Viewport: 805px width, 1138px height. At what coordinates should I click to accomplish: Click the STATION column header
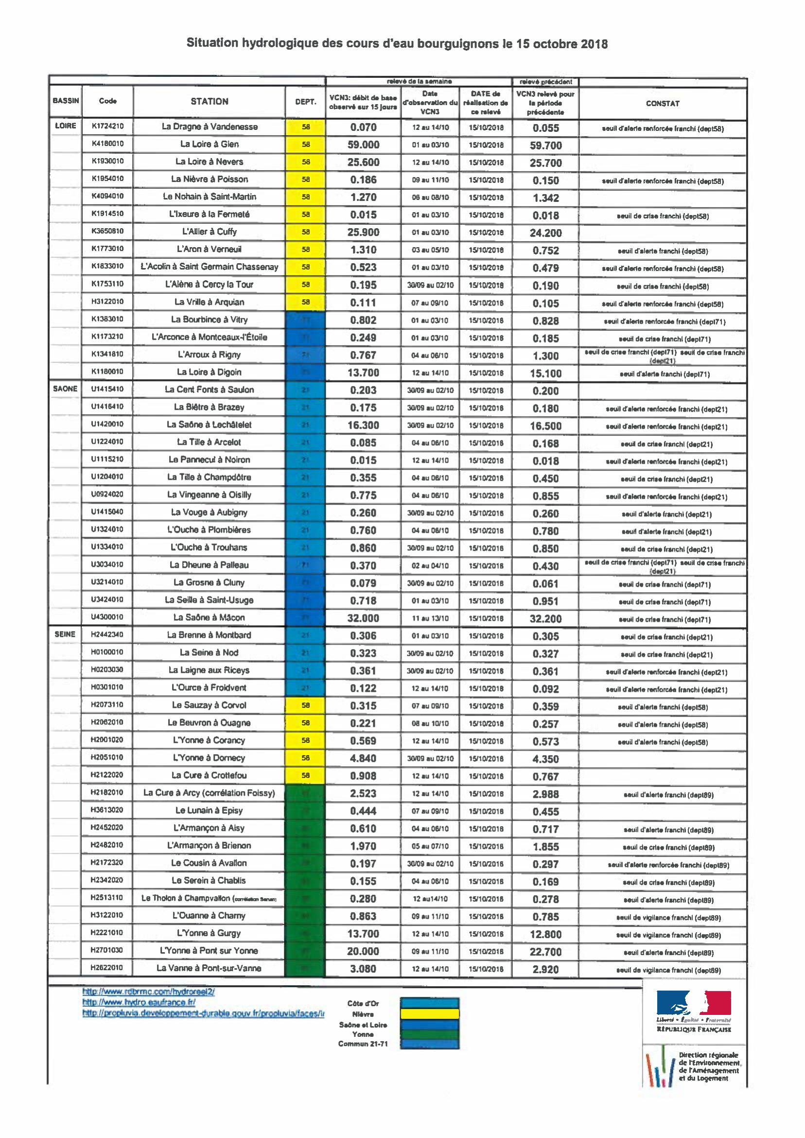click(209, 102)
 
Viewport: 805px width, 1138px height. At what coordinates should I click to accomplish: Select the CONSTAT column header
click(662, 104)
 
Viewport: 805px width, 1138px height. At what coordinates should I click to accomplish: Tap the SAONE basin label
click(65, 389)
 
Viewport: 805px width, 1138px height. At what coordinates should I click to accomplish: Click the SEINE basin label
click(65, 634)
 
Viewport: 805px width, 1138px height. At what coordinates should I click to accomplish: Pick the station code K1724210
click(107, 126)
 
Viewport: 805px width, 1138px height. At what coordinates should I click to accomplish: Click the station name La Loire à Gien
click(209, 145)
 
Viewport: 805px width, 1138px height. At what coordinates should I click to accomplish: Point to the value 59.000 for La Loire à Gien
click(363, 145)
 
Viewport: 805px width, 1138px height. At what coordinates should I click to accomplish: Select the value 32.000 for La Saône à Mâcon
click(363, 618)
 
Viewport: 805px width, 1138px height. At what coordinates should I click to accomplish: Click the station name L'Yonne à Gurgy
click(209, 933)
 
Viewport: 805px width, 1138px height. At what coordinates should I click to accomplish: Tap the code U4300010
click(107, 617)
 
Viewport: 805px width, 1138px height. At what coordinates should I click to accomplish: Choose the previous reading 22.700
click(545, 952)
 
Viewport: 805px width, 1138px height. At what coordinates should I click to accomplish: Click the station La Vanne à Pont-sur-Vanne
click(209, 968)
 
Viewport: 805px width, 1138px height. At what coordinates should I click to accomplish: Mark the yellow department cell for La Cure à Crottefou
click(305, 776)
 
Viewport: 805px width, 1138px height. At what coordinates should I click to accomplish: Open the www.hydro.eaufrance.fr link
click(139, 1003)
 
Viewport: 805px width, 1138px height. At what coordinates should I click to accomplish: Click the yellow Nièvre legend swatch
click(430, 1014)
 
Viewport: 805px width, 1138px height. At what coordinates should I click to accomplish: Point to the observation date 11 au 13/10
click(430, 618)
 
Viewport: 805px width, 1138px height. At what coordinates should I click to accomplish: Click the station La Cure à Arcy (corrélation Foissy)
click(209, 793)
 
